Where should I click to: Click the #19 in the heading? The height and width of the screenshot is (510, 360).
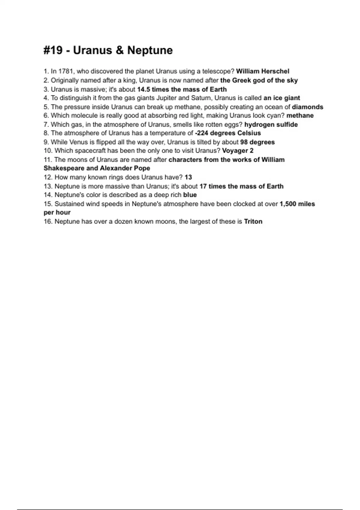coord(53,50)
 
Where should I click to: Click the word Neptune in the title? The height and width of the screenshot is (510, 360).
coord(150,50)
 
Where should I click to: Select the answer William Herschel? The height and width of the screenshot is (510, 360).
coord(262,71)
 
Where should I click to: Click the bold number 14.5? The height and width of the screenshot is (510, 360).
coord(143,89)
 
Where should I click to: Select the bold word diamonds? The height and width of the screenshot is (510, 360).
coord(307,107)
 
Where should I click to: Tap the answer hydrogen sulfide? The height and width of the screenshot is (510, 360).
coord(271,124)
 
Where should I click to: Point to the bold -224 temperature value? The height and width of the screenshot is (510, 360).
coord(202,133)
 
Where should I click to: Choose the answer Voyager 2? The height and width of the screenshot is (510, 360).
coord(238,151)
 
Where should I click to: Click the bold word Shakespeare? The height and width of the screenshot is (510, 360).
coord(64,168)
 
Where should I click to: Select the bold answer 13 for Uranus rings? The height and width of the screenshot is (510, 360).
coord(188,177)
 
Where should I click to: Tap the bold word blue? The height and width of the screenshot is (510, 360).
coord(190,195)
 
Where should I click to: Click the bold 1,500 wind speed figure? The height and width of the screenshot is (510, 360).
coord(288,204)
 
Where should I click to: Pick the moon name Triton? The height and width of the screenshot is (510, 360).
coord(253,222)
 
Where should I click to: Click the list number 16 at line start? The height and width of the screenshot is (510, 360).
coord(48,222)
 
